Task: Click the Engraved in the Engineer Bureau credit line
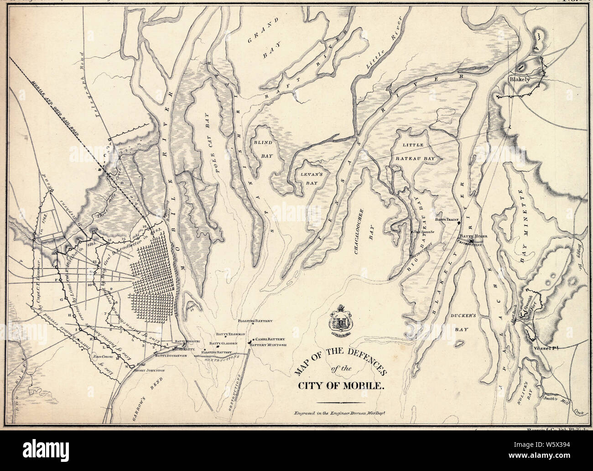[x=341, y=413]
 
